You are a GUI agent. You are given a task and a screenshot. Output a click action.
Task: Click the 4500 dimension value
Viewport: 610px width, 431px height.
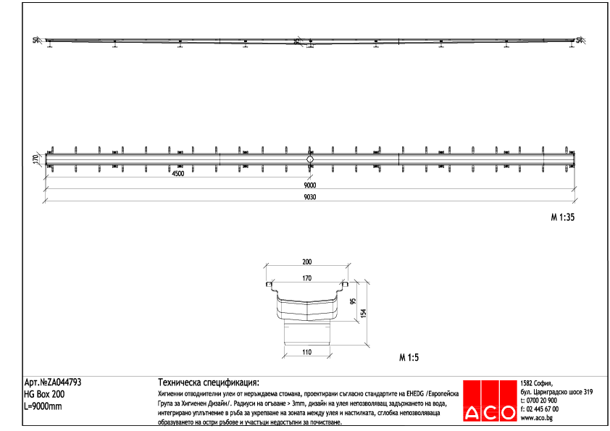pyautogui.click(x=177, y=174)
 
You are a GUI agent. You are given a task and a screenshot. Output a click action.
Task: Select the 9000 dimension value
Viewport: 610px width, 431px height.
pyautogui.click(x=309, y=185)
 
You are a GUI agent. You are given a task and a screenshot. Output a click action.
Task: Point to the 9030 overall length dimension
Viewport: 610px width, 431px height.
pyautogui.click(x=309, y=196)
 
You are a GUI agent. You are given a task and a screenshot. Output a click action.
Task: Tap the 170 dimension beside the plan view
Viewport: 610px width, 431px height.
pyautogui.click(x=35, y=159)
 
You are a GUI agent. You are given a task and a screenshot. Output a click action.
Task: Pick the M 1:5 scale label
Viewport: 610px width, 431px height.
pyautogui.click(x=409, y=357)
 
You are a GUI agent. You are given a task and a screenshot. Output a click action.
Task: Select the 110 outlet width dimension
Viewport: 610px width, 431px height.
pyautogui.click(x=306, y=352)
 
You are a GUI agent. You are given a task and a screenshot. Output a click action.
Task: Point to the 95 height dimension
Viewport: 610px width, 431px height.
pyautogui.click(x=353, y=303)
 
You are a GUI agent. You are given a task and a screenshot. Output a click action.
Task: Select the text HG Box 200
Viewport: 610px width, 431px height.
pyautogui.click(x=44, y=394)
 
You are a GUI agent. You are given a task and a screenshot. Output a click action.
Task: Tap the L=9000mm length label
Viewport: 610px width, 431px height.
pyautogui.click(x=43, y=406)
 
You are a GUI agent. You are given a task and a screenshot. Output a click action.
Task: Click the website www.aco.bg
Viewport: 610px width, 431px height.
pyautogui.click(x=538, y=418)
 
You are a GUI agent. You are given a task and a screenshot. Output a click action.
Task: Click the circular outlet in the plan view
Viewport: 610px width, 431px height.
pyautogui.click(x=310, y=159)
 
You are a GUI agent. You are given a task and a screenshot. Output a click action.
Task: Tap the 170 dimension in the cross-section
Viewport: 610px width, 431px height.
pyautogui.click(x=306, y=277)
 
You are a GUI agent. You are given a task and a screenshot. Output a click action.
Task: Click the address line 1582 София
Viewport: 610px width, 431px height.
pyautogui.click(x=537, y=383)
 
